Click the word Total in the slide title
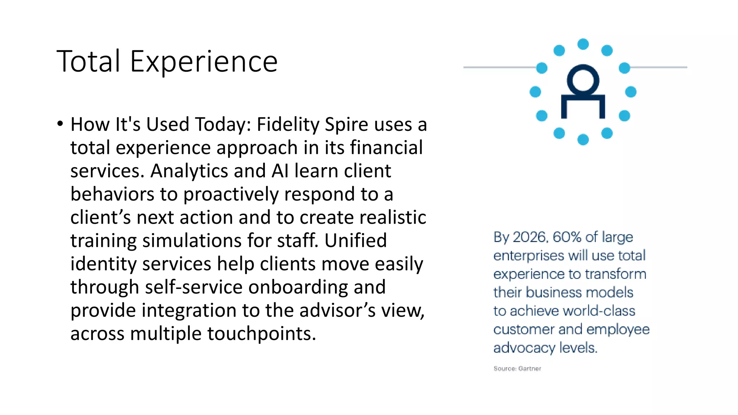[88, 62]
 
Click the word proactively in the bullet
[231, 195]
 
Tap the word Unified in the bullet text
[355, 241]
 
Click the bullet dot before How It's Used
[60, 124]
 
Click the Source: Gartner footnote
[517, 369]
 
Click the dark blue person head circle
[583, 79]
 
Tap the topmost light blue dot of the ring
[583, 44]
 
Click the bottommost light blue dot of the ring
[583, 139]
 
